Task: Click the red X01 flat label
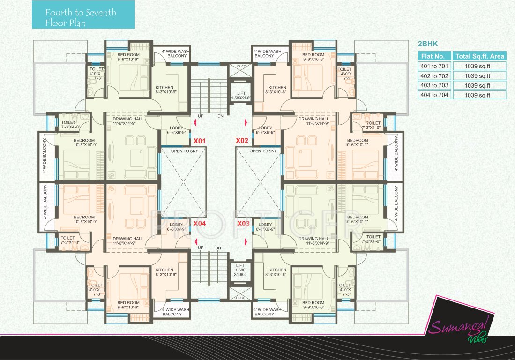click(x=200, y=141)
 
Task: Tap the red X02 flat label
click(x=242, y=141)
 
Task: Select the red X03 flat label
click(x=243, y=224)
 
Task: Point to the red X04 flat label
click(x=200, y=224)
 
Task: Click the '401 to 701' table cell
click(x=434, y=66)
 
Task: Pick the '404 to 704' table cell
click(x=434, y=95)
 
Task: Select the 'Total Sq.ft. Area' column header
click(x=480, y=56)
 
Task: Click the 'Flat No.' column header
click(x=434, y=56)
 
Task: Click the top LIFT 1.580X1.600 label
click(x=241, y=95)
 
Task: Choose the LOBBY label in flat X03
click(x=265, y=227)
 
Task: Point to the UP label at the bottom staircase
click(x=201, y=247)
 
